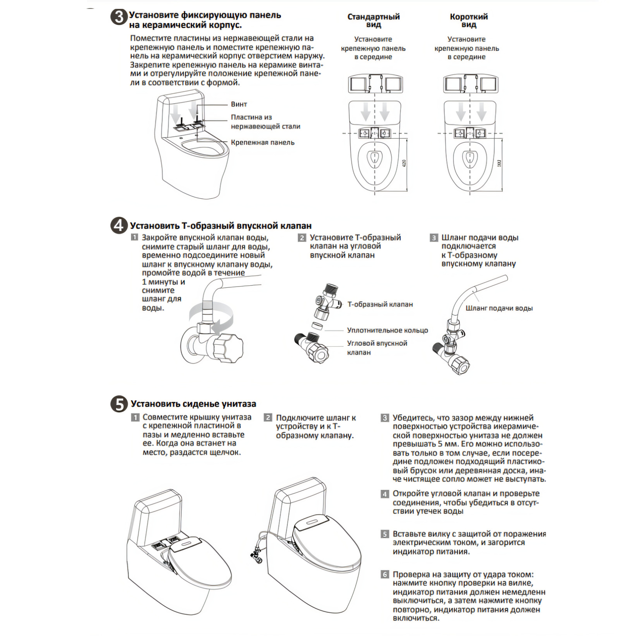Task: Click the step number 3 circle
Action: (119, 18)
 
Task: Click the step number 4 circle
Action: (119, 226)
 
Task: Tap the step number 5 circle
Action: (119, 404)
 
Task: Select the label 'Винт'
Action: (239, 104)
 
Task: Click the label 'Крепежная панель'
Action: (262, 143)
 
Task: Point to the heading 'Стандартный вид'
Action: (374, 20)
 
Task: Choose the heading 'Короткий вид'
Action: (469, 20)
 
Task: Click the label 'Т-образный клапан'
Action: (380, 304)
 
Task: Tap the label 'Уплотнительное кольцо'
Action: (387, 330)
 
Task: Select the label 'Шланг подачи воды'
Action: (499, 308)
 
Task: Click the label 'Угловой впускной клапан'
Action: (377, 347)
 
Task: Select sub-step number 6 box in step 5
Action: (385, 575)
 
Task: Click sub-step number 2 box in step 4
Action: (302, 238)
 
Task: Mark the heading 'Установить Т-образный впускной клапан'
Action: (220, 226)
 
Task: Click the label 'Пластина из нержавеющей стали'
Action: (265, 122)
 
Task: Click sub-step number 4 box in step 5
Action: (385, 494)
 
